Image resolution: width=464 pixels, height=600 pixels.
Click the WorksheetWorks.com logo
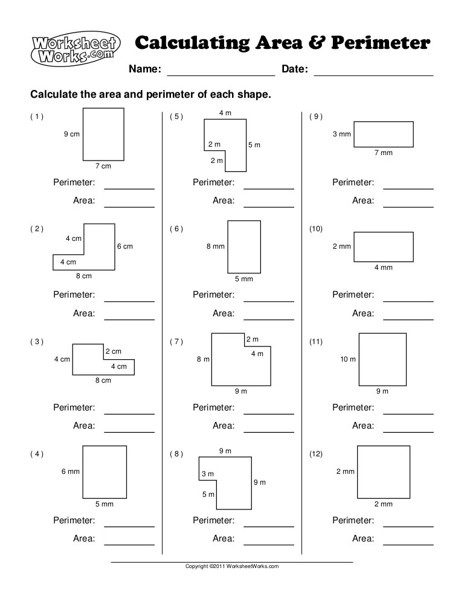tap(76, 49)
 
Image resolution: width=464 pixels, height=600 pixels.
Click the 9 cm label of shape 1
tap(71, 135)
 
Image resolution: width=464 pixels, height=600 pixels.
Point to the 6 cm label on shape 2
tap(124, 246)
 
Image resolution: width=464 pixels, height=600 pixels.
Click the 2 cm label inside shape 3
tap(113, 351)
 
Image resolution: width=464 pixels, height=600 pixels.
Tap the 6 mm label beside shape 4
tap(70, 471)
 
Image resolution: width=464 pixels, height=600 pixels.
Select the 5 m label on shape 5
tap(254, 145)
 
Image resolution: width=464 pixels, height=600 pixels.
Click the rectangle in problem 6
tap(244, 246)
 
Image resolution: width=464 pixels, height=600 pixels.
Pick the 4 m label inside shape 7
tap(257, 354)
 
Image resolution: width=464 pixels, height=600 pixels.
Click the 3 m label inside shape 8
tap(207, 474)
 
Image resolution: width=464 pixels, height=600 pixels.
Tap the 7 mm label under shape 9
tap(383, 153)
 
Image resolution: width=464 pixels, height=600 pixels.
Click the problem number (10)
tap(316, 229)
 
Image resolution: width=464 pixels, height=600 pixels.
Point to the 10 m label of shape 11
tap(348, 359)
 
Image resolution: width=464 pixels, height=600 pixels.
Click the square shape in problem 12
tap(383, 471)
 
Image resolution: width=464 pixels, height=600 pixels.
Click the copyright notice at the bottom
tap(232, 566)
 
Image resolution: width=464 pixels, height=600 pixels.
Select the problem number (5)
tap(176, 116)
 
